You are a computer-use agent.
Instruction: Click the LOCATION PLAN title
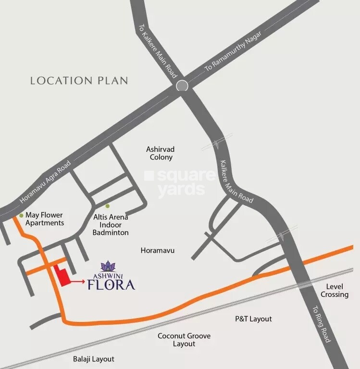(79, 80)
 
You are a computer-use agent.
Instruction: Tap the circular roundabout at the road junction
(182, 86)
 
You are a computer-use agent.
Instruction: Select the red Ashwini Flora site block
(61, 276)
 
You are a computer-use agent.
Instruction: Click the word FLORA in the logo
(111, 285)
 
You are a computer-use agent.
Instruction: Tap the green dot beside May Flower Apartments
(21, 216)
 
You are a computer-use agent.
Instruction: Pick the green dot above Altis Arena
(108, 206)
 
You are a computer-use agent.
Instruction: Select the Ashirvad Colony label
(160, 153)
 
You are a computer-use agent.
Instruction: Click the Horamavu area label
(157, 250)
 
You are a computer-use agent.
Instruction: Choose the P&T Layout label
(253, 319)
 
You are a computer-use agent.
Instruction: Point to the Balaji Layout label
(94, 359)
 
